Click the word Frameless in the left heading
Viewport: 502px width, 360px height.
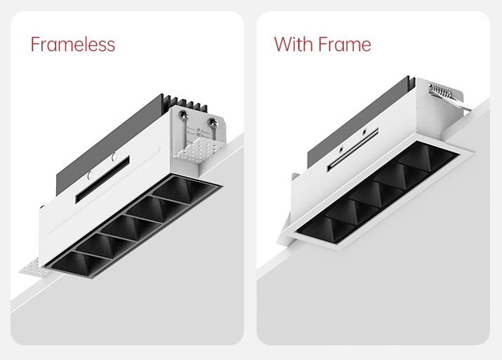click(73, 44)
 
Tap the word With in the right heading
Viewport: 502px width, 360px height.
click(293, 44)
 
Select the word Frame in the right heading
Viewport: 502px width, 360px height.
click(345, 44)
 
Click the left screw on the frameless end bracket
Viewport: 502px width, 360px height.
click(183, 114)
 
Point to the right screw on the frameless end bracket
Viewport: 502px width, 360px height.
click(213, 122)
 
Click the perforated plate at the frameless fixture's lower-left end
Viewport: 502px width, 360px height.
click(33, 269)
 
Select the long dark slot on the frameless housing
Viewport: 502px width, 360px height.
click(103, 180)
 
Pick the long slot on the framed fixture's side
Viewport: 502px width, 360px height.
click(352, 149)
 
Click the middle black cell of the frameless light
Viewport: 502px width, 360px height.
click(131, 227)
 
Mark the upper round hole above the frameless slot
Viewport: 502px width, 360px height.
click(114, 156)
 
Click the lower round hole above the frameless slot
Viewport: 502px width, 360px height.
click(90, 175)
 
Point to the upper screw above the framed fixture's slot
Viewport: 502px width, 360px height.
click(364, 131)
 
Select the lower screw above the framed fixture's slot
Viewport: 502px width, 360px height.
click(341, 149)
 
